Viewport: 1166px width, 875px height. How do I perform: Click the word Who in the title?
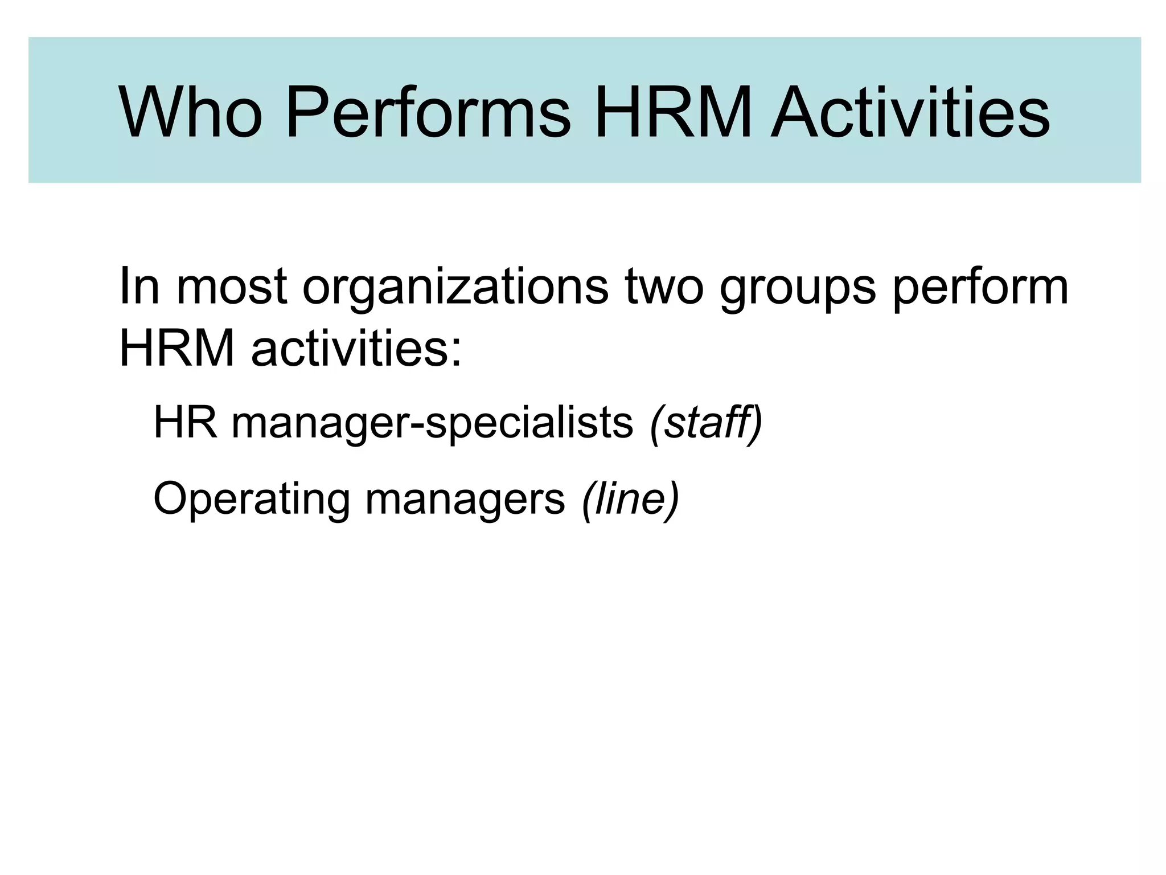[x=191, y=112]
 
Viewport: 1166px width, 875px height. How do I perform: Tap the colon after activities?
[x=455, y=353]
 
